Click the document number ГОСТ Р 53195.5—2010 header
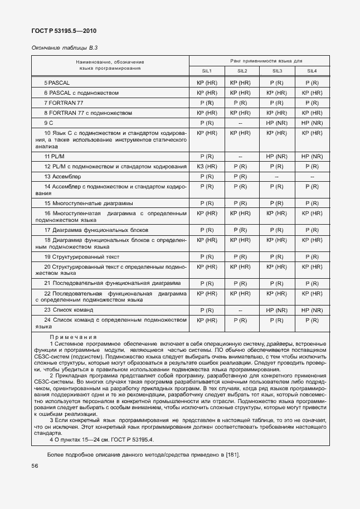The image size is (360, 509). click(60, 31)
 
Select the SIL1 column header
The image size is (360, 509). click(206, 71)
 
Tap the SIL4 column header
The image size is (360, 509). click(312, 71)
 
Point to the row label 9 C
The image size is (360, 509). click(48, 122)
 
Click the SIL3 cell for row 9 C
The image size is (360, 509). click(276, 122)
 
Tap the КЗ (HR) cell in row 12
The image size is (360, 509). click(206, 167)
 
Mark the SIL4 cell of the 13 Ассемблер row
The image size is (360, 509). click(312, 176)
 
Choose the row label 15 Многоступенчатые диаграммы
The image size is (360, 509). click(89, 203)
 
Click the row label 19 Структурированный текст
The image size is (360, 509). click(82, 256)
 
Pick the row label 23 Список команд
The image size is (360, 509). click(69, 309)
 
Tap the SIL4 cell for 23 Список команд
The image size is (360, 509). click(312, 309)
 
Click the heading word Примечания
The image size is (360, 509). click(73, 337)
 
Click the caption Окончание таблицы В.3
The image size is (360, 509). click(61, 48)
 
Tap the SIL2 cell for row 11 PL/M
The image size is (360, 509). click(241, 157)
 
